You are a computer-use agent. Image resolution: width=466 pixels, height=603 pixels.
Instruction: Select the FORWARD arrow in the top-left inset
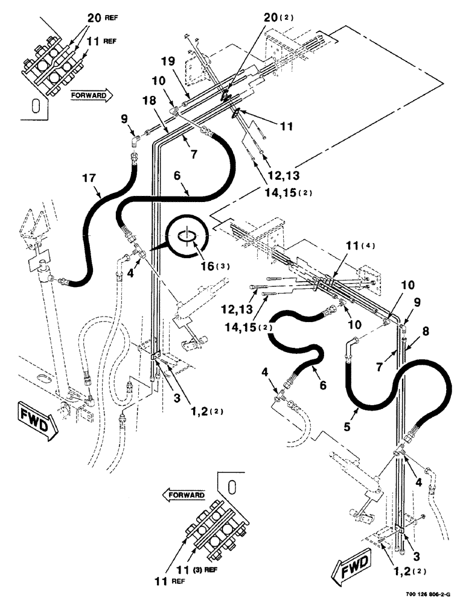(92, 95)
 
